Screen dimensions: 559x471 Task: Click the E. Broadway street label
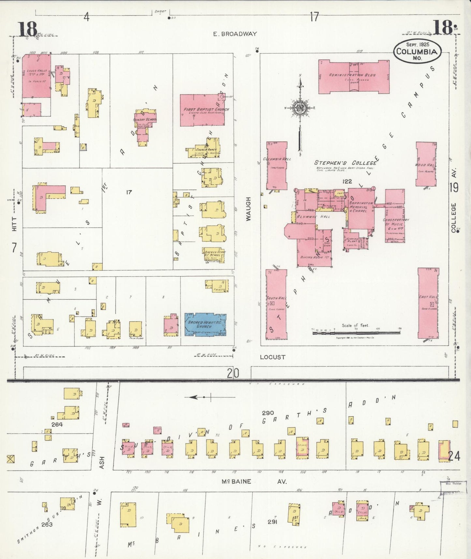(x=235, y=34)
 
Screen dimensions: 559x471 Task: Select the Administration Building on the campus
(x=354, y=77)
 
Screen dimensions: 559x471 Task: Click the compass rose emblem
(x=299, y=109)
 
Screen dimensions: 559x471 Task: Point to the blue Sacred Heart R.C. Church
(x=205, y=324)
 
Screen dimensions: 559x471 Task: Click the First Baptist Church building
(x=202, y=110)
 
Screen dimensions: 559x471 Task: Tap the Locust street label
(x=272, y=357)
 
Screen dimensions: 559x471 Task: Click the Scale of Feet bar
(x=356, y=333)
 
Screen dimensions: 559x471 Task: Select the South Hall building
(x=276, y=304)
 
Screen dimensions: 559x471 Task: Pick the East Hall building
(x=428, y=303)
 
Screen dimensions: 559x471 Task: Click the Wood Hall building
(x=426, y=164)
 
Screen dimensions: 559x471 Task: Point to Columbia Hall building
(x=277, y=165)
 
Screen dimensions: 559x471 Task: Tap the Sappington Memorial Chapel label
(x=361, y=207)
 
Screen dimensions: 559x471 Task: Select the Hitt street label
(x=14, y=225)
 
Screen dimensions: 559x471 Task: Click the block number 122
(x=347, y=181)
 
